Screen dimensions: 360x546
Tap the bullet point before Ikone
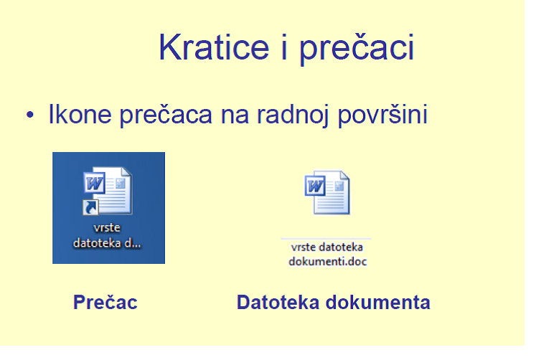tap(30, 115)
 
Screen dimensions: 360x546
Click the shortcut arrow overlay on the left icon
tap(91, 208)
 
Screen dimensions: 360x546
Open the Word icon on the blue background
tap(108, 191)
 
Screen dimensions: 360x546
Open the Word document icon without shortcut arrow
tap(328, 192)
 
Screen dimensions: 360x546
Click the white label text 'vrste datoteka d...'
tap(108, 236)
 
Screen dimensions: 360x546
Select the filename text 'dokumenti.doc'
tap(327, 261)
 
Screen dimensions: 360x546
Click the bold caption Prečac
tap(105, 303)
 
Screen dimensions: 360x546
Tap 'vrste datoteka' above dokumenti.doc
tap(327, 247)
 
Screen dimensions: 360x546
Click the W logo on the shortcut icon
tap(94, 184)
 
